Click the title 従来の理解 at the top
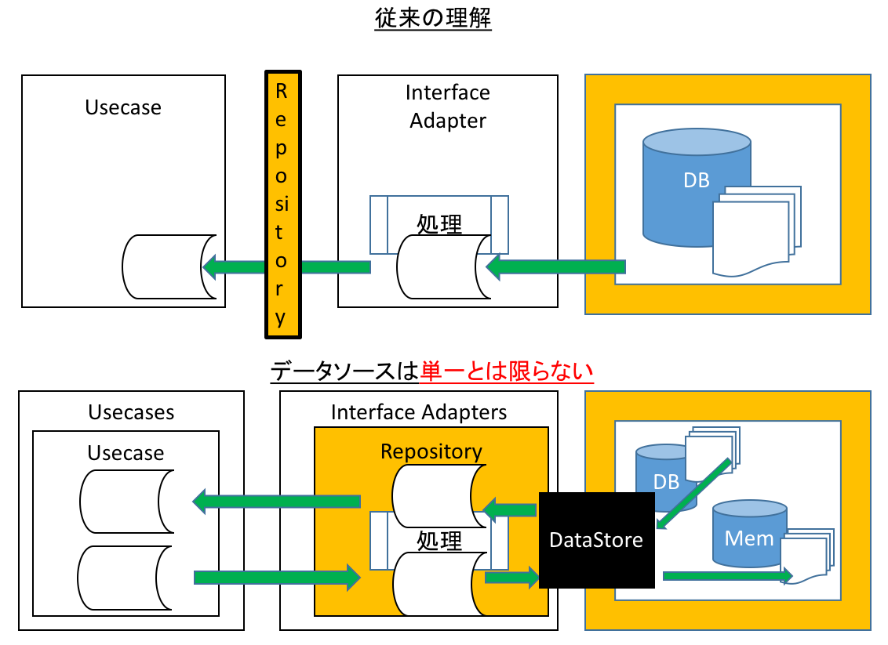pos(433,20)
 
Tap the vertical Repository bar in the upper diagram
pos(282,205)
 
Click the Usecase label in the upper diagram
pos(123,107)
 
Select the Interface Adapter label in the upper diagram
pos(448,107)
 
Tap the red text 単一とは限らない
pos(507,371)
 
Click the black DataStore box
pos(596,540)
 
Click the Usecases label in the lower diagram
pos(131,412)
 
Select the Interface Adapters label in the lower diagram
pos(419,412)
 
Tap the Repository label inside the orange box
pos(431,451)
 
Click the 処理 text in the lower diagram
pos(439,541)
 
